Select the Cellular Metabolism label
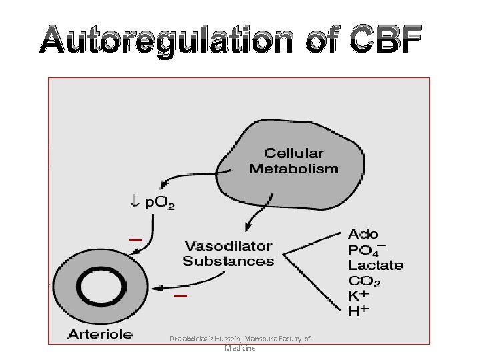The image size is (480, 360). (293, 161)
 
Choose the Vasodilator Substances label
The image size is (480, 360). (228, 253)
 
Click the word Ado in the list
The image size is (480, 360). (363, 234)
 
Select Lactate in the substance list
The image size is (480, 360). (375, 265)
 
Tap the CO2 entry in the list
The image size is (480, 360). (364, 281)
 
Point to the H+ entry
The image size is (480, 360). (360, 311)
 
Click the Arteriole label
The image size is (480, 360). (100, 334)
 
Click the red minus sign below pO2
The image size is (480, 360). (135, 239)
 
